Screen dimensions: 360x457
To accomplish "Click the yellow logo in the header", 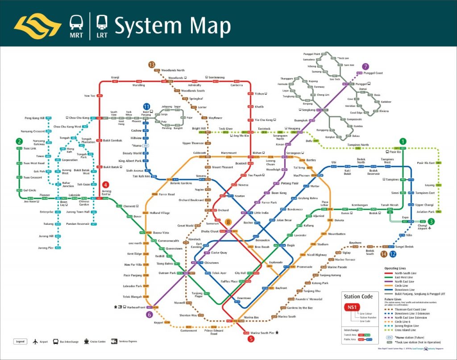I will [37, 25].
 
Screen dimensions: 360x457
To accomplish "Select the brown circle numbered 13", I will [151, 65].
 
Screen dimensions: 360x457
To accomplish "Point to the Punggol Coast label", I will [373, 73].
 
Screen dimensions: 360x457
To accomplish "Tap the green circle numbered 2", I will [19, 141].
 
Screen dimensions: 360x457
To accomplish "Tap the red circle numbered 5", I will [251, 339].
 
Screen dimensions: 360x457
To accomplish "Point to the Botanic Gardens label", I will [181, 183].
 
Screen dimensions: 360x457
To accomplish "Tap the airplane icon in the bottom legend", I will [36, 342].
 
